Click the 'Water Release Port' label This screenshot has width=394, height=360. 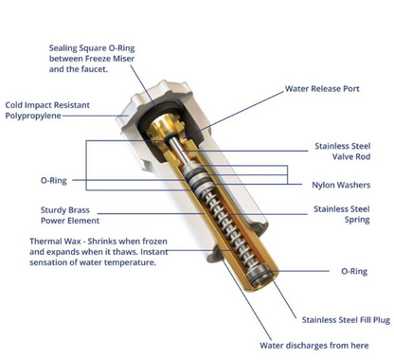point(322,89)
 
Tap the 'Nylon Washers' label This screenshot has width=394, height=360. point(341,185)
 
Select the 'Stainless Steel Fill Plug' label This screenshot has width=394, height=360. point(346,320)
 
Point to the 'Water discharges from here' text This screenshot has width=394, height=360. point(314,346)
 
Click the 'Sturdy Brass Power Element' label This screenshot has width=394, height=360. point(70,215)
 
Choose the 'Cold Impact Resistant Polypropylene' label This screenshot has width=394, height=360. point(47,110)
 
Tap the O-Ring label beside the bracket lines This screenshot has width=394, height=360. point(54,181)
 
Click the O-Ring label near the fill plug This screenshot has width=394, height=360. point(354,271)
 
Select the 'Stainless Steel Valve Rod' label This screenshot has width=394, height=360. point(343,152)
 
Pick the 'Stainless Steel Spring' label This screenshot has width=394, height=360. point(342,214)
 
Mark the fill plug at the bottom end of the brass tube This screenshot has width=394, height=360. point(260,276)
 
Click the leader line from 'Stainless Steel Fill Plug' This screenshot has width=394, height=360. point(283,297)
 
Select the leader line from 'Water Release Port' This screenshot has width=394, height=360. point(234,115)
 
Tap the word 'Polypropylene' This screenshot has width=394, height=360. point(33,116)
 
